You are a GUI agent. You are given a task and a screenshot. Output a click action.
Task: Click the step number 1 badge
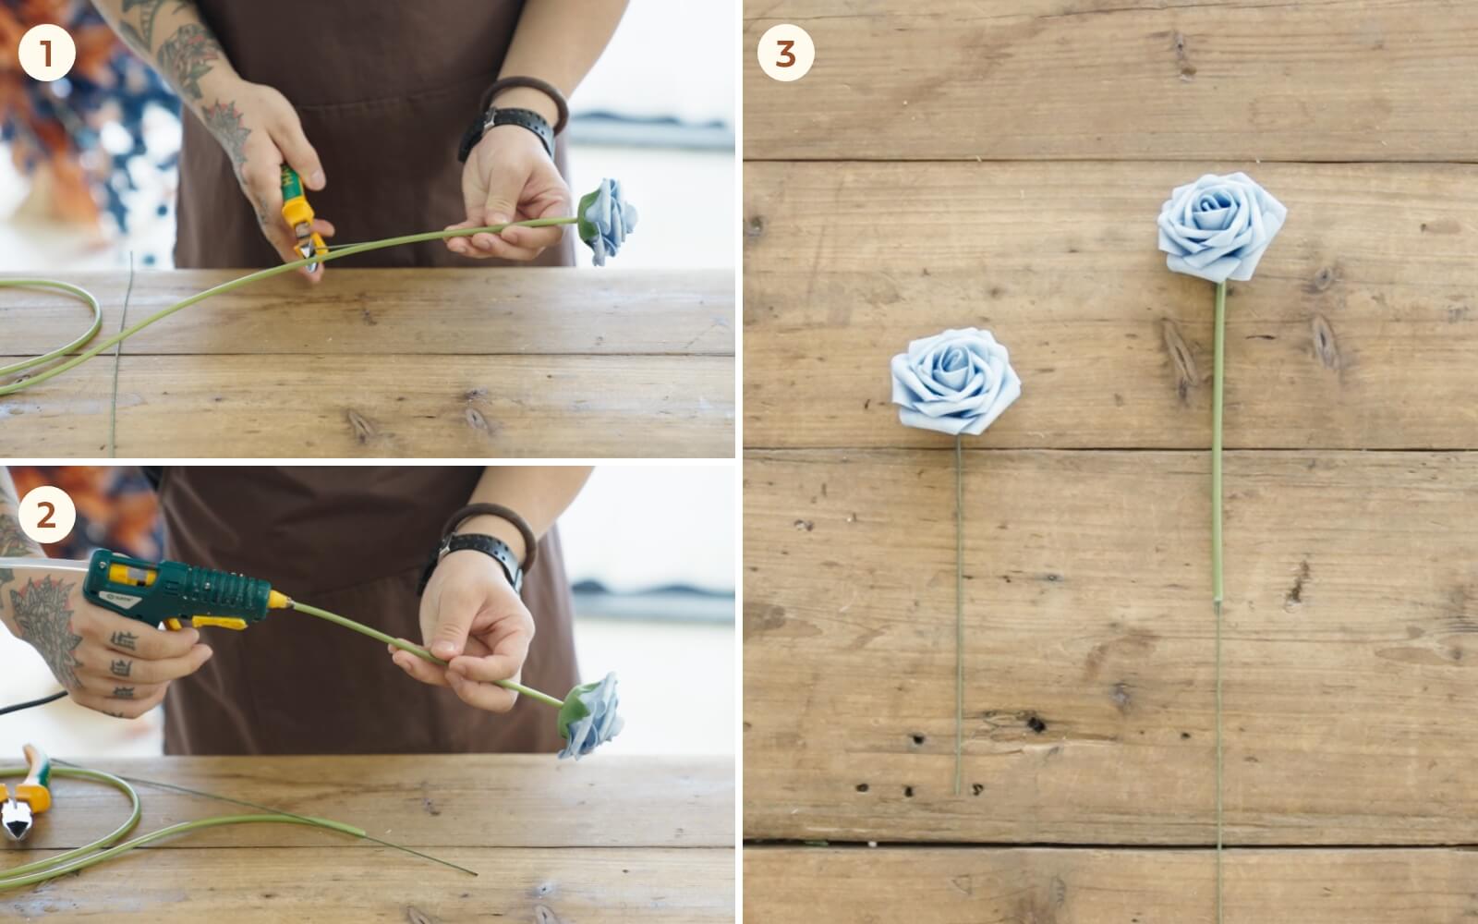point(47,53)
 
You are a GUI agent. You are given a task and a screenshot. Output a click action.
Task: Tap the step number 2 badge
point(47,515)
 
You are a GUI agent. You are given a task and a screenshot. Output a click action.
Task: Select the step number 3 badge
point(785,53)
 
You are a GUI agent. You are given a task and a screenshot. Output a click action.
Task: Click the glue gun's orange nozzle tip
point(280,600)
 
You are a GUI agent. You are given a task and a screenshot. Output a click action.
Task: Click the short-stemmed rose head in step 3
point(955,382)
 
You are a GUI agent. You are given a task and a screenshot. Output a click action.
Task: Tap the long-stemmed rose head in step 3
point(1221,227)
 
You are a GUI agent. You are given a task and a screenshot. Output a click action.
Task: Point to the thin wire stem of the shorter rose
point(959,614)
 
